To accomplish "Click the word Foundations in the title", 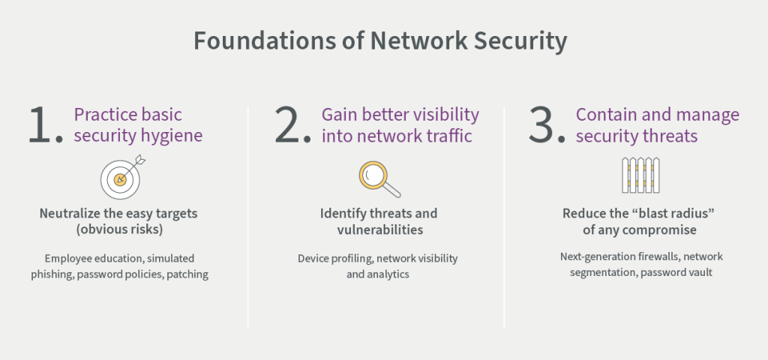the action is tap(260, 40).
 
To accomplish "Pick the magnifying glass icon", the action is tap(379, 179).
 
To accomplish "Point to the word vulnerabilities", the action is tap(379, 229).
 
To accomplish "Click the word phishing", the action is tap(52, 274).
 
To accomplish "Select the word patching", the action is tap(187, 274).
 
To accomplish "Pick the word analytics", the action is tap(389, 274).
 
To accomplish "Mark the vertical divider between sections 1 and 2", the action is tap(247, 217).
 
